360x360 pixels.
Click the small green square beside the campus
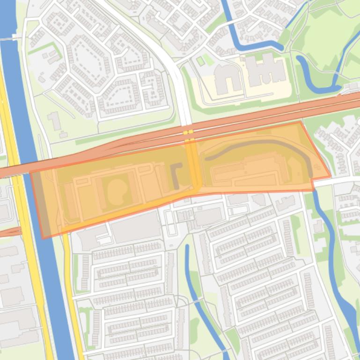click(201, 61)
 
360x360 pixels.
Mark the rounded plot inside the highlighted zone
click(116, 190)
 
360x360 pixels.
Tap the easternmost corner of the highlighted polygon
click(331, 176)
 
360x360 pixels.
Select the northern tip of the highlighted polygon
click(301, 122)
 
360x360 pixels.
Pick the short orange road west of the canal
click(10, 231)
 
